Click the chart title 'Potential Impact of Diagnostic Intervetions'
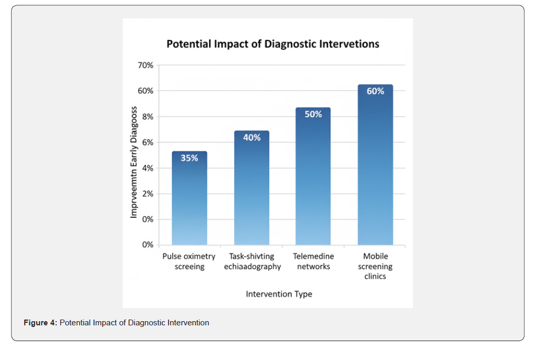click(x=272, y=44)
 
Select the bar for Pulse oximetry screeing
click(x=189, y=198)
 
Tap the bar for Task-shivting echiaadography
click(x=252, y=188)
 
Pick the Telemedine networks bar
click(x=313, y=176)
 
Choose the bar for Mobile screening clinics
click(x=375, y=165)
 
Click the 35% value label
click(x=189, y=158)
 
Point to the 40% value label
click(x=252, y=137)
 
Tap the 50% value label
click(x=313, y=114)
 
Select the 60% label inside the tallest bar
click(x=375, y=91)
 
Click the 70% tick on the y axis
click(x=145, y=65)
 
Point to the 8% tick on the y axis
click(x=147, y=117)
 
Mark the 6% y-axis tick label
click(x=147, y=142)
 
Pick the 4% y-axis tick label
click(x=147, y=168)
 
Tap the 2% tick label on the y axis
click(x=147, y=194)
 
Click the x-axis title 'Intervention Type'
click(x=279, y=294)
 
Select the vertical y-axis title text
click(x=134, y=162)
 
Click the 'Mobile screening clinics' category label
click(x=375, y=266)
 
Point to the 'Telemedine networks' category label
click(x=314, y=261)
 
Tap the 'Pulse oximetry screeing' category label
click(x=189, y=261)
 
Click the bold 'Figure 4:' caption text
click(x=40, y=323)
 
